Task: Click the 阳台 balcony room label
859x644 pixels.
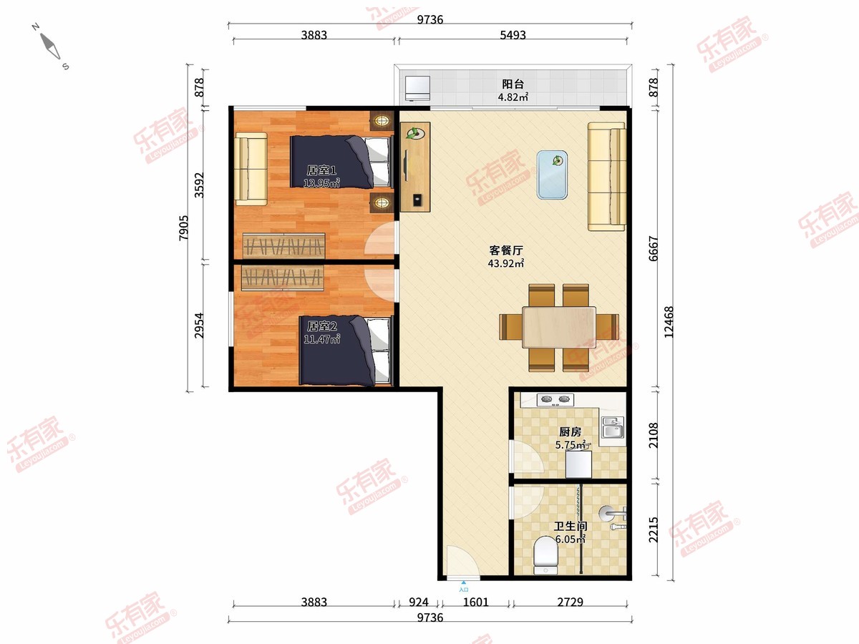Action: [x=513, y=84]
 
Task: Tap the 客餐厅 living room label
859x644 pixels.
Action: [x=506, y=250]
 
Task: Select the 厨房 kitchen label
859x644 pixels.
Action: [x=571, y=431]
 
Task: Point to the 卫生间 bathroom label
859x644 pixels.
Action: [x=571, y=526]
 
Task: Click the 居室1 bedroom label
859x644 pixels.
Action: [x=321, y=170]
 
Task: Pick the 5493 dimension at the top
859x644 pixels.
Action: [x=513, y=35]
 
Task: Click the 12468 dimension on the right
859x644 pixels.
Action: [x=669, y=322]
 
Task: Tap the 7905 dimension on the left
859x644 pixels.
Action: [x=183, y=228]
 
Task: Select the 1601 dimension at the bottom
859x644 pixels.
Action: [x=475, y=602]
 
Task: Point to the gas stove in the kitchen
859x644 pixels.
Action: [x=555, y=399]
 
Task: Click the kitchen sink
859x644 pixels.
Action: [x=613, y=427]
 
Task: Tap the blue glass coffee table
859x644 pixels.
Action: [x=552, y=175]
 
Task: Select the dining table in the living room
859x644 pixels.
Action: [x=559, y=327]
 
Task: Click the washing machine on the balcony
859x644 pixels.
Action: [x=417, y=88]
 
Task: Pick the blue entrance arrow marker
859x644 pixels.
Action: [x=464, y=582]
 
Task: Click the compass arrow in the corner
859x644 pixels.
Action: [x=50, y=46]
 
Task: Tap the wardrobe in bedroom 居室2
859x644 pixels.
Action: [x=282, y=278]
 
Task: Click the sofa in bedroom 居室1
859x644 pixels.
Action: [x=251, y=169]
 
